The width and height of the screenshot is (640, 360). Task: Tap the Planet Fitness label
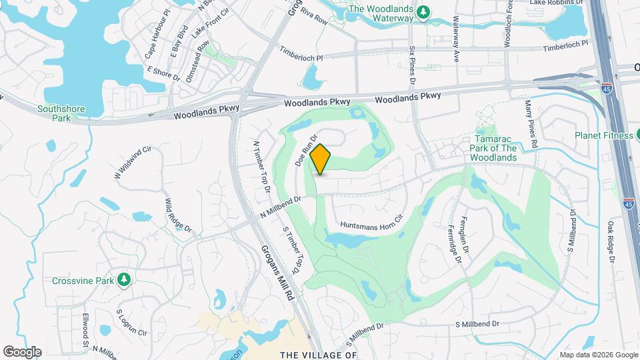point(604,136)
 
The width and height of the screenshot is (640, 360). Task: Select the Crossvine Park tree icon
point(123,280)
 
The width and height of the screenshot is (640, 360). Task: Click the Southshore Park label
point(53,113)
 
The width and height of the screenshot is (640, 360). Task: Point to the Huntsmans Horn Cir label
point(372,221)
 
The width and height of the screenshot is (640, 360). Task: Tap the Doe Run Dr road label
point(304,149)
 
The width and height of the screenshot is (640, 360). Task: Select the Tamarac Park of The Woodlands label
point(493,147)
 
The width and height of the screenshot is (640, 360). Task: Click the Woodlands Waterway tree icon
point(422,13)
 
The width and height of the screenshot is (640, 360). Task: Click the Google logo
point(22,351)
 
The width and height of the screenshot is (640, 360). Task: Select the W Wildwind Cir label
point(129,162)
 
